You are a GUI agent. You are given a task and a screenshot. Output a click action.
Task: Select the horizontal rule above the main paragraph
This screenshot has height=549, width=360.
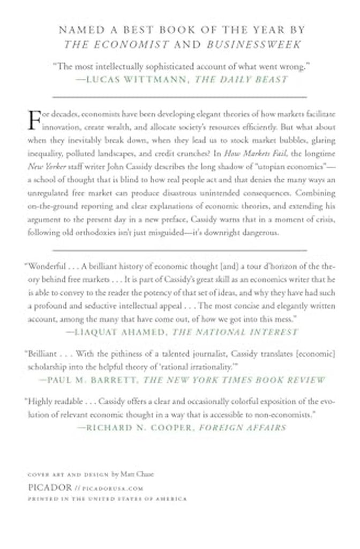[179, 97]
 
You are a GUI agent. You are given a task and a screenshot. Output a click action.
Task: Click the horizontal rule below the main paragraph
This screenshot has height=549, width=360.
[179, 250]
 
